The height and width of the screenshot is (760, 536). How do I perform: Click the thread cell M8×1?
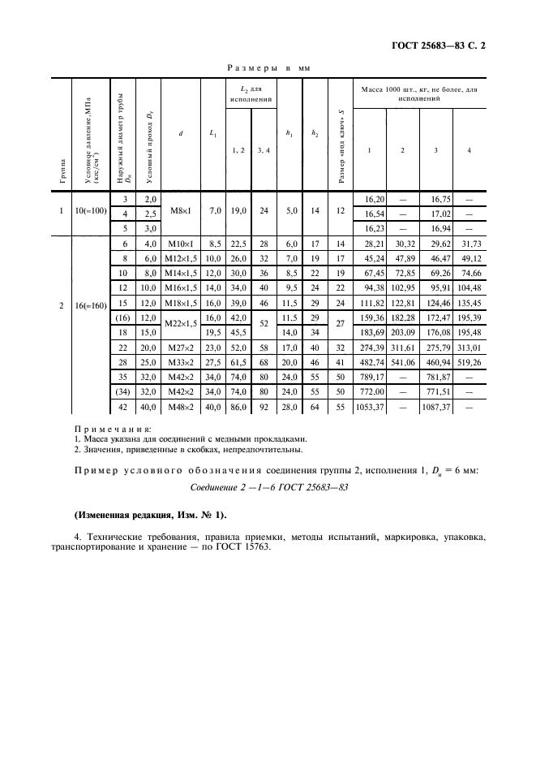tap(179, 213)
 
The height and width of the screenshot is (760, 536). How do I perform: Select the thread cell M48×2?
tap(179, 408)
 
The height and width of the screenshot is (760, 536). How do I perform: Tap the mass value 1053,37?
tap(369, 408)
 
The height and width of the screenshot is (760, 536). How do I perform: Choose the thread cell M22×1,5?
tap(179, 325)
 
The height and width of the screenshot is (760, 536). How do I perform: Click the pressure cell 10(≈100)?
tap(90, 213)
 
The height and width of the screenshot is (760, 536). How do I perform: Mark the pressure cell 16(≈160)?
tap(90, 305)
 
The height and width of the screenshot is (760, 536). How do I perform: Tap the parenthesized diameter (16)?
tap(124, 317)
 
